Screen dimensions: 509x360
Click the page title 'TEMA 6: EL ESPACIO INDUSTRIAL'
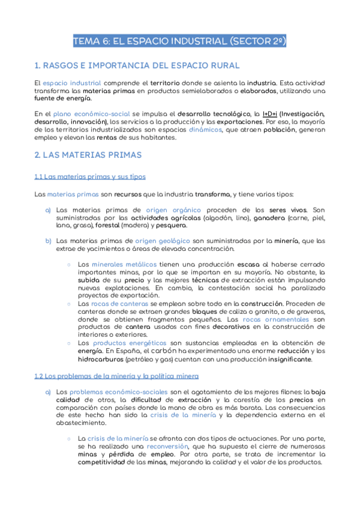pyautogui.click(x=179, y=41)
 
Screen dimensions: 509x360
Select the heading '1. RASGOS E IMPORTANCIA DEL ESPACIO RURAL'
pyautogui.click(x=137, y=65)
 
